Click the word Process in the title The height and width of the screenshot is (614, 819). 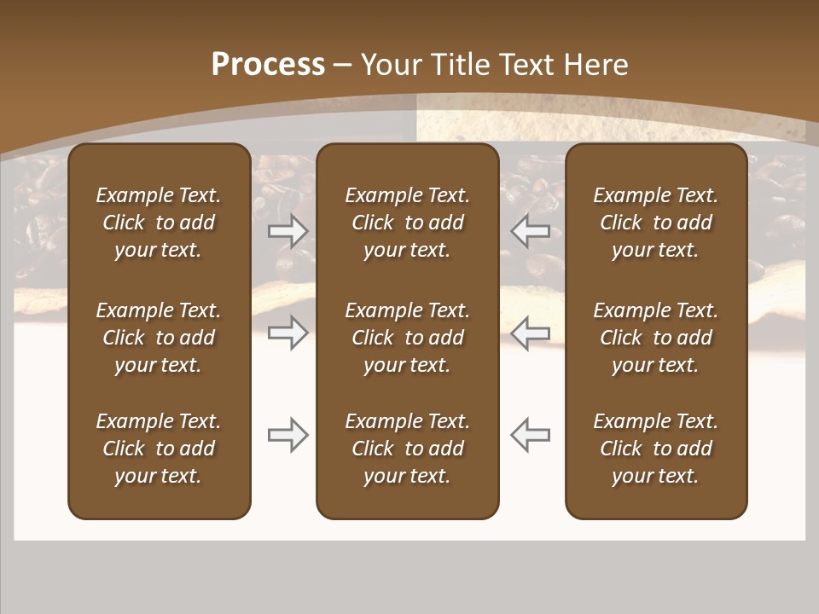point(268,65)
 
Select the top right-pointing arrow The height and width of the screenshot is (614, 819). point(288,231)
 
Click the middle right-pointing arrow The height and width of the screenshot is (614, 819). point(288,333)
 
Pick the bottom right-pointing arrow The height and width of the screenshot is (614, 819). point(288,435)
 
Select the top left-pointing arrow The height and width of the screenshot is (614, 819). point(531,231)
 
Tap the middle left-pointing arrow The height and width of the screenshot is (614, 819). point(531,333)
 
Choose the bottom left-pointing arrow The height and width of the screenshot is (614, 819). point(531,435)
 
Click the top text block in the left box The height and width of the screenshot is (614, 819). point(159,223)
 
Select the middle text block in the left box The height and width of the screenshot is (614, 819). point(159,338)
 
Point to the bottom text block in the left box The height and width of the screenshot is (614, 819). point(159,449)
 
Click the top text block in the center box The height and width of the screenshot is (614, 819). point(407,223)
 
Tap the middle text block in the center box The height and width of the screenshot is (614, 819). point(407,338)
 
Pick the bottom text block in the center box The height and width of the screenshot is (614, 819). point(407,449)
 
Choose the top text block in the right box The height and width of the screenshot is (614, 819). point(655,223)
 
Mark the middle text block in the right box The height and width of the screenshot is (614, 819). point(655,338)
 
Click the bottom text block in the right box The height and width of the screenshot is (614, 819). point(655,449)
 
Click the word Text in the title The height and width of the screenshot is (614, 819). point(526,65)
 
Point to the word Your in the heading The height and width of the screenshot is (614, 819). point(390,65)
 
